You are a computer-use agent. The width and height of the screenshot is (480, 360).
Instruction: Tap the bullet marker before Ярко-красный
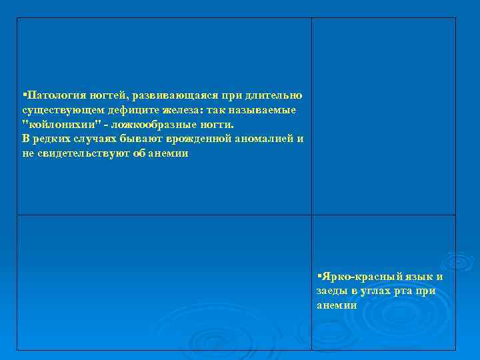coord(319,275)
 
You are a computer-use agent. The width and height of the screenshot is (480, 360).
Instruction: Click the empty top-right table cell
coord(383,116)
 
